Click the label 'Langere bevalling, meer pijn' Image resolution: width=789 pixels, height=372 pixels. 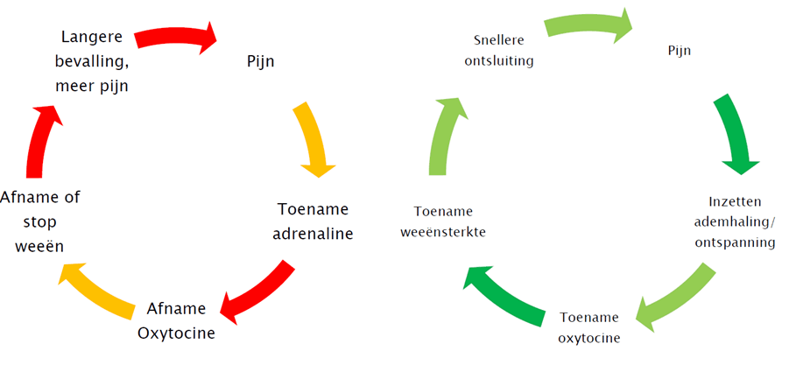pos(92,61)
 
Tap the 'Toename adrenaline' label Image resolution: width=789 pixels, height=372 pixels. pos(313,221)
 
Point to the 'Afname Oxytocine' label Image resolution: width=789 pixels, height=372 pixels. pos(176,320)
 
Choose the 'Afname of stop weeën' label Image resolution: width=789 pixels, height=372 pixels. pos(40,221)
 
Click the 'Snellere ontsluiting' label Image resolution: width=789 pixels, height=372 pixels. pos(504,51)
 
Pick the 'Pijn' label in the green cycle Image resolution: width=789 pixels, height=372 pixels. pos(680,51)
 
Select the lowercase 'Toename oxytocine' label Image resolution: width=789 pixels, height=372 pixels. pos(589,327)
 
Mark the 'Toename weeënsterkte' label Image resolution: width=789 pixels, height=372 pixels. pos(443,221)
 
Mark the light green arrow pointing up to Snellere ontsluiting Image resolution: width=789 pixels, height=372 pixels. pos(443,136)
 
